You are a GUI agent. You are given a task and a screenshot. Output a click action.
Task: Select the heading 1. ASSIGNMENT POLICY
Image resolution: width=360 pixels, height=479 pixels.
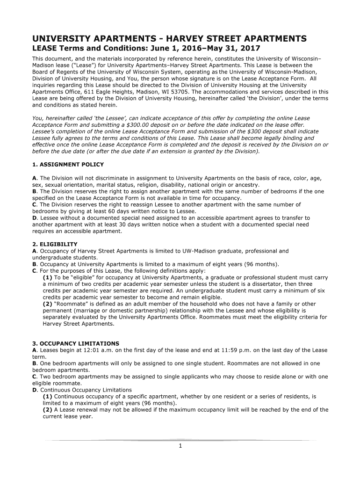68,165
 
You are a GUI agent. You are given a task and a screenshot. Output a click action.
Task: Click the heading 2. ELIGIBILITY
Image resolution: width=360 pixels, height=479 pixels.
55,244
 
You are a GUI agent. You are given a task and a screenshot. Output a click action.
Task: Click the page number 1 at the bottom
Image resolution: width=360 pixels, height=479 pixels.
180,445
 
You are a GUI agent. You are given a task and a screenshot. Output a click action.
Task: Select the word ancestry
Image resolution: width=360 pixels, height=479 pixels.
247,185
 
